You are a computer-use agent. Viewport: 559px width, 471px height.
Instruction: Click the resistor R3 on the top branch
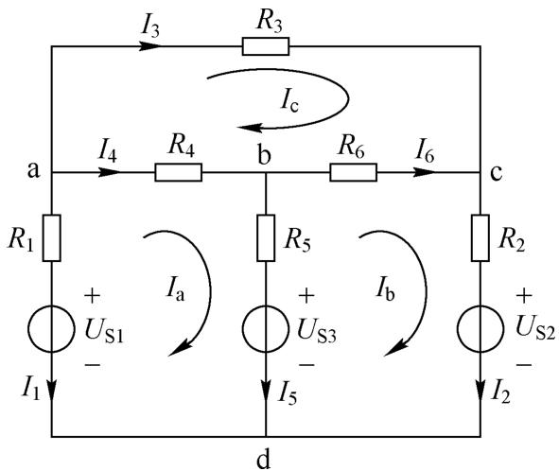[x=266, y=46]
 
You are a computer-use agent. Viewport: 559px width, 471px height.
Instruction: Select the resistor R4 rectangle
[x=178, y=172]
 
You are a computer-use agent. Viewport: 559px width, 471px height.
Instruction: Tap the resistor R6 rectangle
[x=353, y=172]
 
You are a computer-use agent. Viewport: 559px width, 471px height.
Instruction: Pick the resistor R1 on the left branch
[x=52, y=237]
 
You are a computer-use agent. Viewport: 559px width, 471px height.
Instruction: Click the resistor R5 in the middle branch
[x=266, y=237]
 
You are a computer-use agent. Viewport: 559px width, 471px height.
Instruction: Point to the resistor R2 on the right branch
[x=480, y=237]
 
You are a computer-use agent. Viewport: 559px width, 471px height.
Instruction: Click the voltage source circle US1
[x=52, y=329]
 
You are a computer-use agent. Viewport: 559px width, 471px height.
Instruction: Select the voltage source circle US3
[x=266, y=329]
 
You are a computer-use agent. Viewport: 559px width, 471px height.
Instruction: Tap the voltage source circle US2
[x=480, y=329]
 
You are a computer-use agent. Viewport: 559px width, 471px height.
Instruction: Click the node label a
[x=33, y=171]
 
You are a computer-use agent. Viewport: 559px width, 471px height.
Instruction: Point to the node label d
[x=264, y=460]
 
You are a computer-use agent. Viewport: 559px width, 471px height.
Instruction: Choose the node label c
[x=497, y=173]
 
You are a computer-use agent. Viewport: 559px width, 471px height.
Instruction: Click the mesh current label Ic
[x=289, y=102]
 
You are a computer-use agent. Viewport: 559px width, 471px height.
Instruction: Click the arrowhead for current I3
[x=149, y=46]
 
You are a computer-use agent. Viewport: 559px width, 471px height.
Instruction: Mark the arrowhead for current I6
[x=425, y=172]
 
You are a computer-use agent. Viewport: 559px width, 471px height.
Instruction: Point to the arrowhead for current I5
[x=266, y=391]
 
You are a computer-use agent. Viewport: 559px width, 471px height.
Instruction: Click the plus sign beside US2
[x=524, y=296]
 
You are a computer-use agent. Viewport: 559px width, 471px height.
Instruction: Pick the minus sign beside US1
[x=93, y=364]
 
